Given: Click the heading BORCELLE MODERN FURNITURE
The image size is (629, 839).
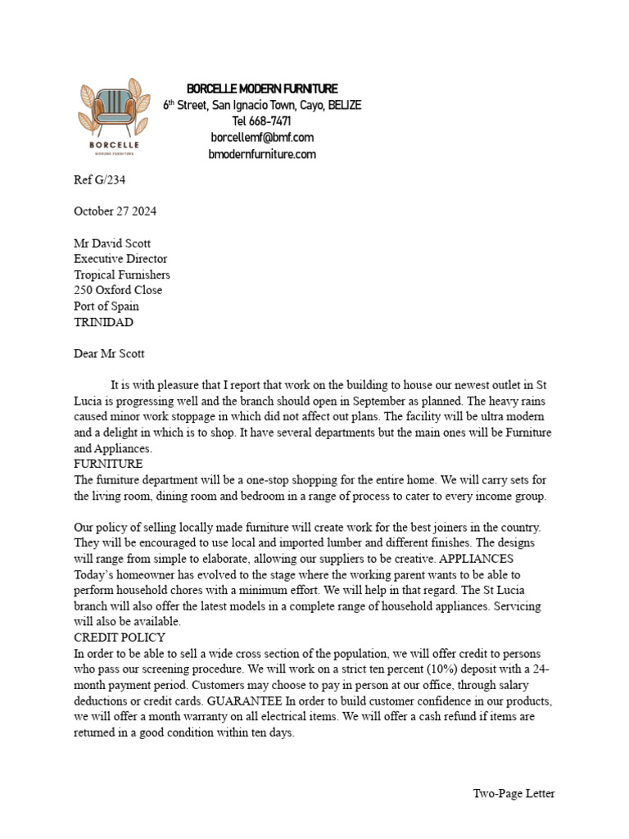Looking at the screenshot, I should (x=262, y=88).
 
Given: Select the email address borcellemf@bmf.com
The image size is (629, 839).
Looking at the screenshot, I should (x=262, y=138).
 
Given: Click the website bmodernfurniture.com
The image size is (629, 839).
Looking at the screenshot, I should (x=262, y=154).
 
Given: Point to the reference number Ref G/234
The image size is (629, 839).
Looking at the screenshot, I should (x=100, y=180).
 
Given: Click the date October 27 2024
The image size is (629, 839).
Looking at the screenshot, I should (x=115, y=211).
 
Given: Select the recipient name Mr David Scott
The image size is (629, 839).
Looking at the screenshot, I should (x=112, y=243).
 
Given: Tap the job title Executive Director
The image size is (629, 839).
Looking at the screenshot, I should (x=120, y=259).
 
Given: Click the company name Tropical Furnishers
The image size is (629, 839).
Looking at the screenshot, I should (x=122, y=274).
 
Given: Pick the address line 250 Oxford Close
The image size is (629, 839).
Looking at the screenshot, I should (x=118, y=290).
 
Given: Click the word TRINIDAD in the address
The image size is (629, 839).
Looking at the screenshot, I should (x=103, y=322).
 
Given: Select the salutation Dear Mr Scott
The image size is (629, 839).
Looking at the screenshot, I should (x=109, y=354).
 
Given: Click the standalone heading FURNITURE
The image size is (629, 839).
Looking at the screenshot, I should (x=109, y=465).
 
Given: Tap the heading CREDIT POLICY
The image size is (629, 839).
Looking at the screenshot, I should (x=120, y=637).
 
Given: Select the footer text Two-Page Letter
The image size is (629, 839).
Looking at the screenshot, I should (x=514, y=793).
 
